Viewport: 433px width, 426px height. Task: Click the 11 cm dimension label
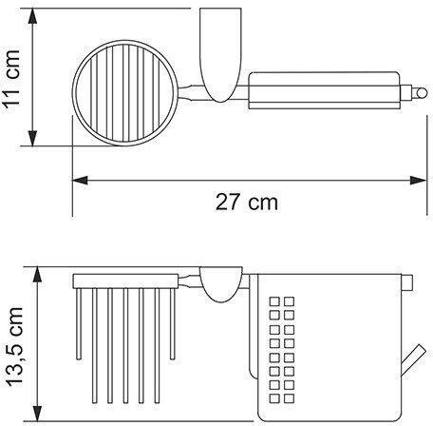[x=12, y=79]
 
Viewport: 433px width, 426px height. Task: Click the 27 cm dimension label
[x=247, y=202]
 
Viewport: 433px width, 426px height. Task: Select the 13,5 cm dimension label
[x=14, y=347]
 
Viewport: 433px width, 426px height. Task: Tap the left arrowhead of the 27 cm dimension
[x=80, y=181]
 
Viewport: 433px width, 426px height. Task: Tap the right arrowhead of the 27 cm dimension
[x=419, y=181]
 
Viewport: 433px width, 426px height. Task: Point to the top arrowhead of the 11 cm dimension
[x=32, y=16]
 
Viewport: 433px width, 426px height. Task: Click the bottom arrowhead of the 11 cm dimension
[x=32, y=138]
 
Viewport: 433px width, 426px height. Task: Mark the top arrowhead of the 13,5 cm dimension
[x=38, y=275]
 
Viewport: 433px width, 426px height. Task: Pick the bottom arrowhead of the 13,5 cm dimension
[x=38, y=414]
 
